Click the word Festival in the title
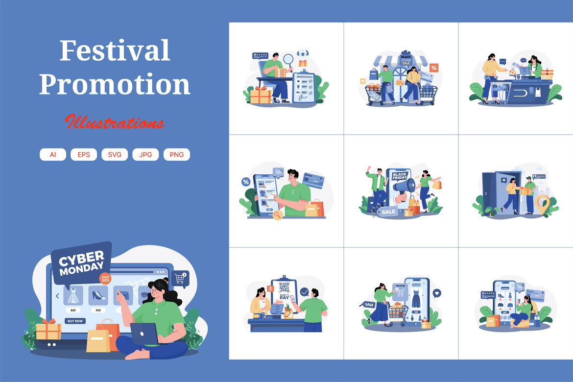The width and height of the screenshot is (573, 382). (115, 51)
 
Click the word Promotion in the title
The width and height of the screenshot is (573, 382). (115, 84)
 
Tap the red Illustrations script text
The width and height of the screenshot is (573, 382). (115, 122)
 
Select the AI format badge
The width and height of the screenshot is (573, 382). (53, 154)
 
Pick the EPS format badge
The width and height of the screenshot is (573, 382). (84, 154)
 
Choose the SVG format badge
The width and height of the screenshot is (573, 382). (115, 154)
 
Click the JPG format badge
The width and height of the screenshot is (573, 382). (145, 154)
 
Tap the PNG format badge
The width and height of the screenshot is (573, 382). (176, 154)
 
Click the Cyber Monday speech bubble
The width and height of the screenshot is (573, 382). (81, 262)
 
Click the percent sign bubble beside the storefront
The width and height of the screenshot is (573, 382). (434, 68)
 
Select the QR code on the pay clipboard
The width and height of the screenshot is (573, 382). (284, 287)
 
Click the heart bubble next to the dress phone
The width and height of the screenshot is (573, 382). (437, 293)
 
